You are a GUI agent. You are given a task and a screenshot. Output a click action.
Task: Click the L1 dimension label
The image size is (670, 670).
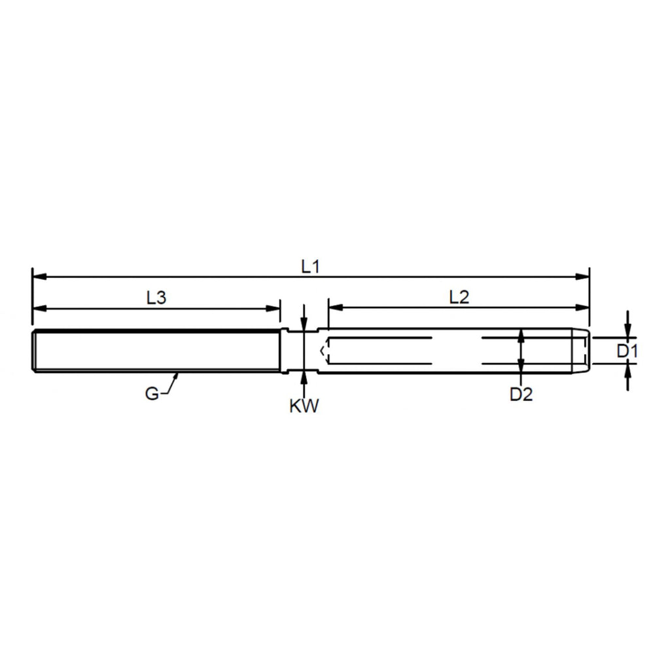[x=310, y=267]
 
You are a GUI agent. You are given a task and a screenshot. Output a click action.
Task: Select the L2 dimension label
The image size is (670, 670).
[x=459, y=297]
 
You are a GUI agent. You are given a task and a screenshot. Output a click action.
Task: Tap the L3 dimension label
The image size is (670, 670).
[x=156, y=298]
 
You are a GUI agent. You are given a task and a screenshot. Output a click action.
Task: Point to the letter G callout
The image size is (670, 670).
[x=151, y=393]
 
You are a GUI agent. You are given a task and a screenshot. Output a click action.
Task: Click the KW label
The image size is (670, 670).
[x=304, y=406]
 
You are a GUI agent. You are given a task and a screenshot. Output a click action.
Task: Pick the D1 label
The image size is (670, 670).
[x=627, y=351]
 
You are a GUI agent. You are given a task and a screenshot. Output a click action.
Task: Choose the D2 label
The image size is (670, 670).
[x=521, y=395]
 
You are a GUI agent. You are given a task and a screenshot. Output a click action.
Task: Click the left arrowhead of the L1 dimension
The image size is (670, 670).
[x=39, y=277]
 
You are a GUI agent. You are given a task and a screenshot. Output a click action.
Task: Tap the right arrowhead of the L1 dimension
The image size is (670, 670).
[x=582, y=277]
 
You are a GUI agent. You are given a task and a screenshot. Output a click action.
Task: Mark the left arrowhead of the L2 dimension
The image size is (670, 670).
[x=336, y=308]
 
